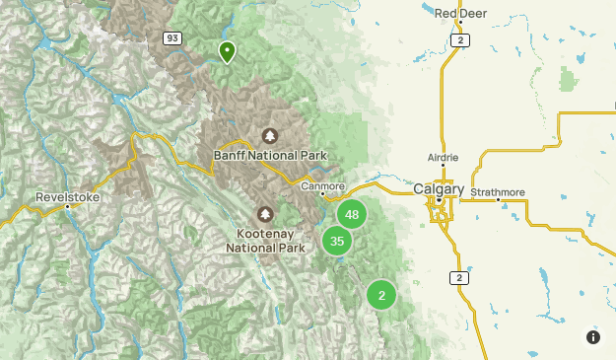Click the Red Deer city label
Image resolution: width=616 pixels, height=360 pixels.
tap(461, 13)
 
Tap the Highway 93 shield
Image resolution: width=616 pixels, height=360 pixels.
tap(172, 37)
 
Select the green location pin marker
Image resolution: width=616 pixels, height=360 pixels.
tap(228, 51)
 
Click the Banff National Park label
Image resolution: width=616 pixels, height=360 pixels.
tap(269, 155)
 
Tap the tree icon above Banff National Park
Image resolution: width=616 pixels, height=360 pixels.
tap(269, 135)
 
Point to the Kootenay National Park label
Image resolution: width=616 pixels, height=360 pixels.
tap(264, 242)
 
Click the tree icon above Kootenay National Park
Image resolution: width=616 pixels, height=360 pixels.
tap(264, 214)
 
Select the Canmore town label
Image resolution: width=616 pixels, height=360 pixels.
tap(322, 183)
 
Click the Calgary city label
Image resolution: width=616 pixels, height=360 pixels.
tap(439, 188)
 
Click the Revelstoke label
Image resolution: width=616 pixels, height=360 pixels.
tap(63, 196)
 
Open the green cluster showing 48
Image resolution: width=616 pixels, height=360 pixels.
tap(352, 214)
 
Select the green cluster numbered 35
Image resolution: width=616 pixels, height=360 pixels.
tap(337, 241)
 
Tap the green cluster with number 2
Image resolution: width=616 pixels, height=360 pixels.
tap(381, 294)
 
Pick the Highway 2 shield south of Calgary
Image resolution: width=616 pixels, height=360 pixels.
tap(458, 278)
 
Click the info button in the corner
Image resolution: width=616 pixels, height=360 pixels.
tap(593, 337)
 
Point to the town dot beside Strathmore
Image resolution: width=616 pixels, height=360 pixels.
tap(499, 200)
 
